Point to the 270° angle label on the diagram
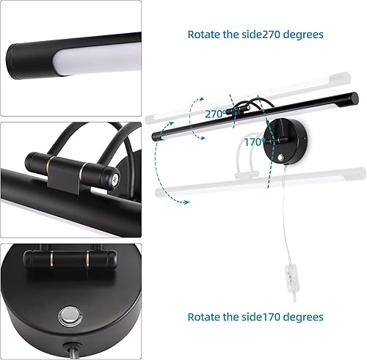click(x=215, y=115)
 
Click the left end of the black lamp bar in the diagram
click(x=156, y=136)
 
